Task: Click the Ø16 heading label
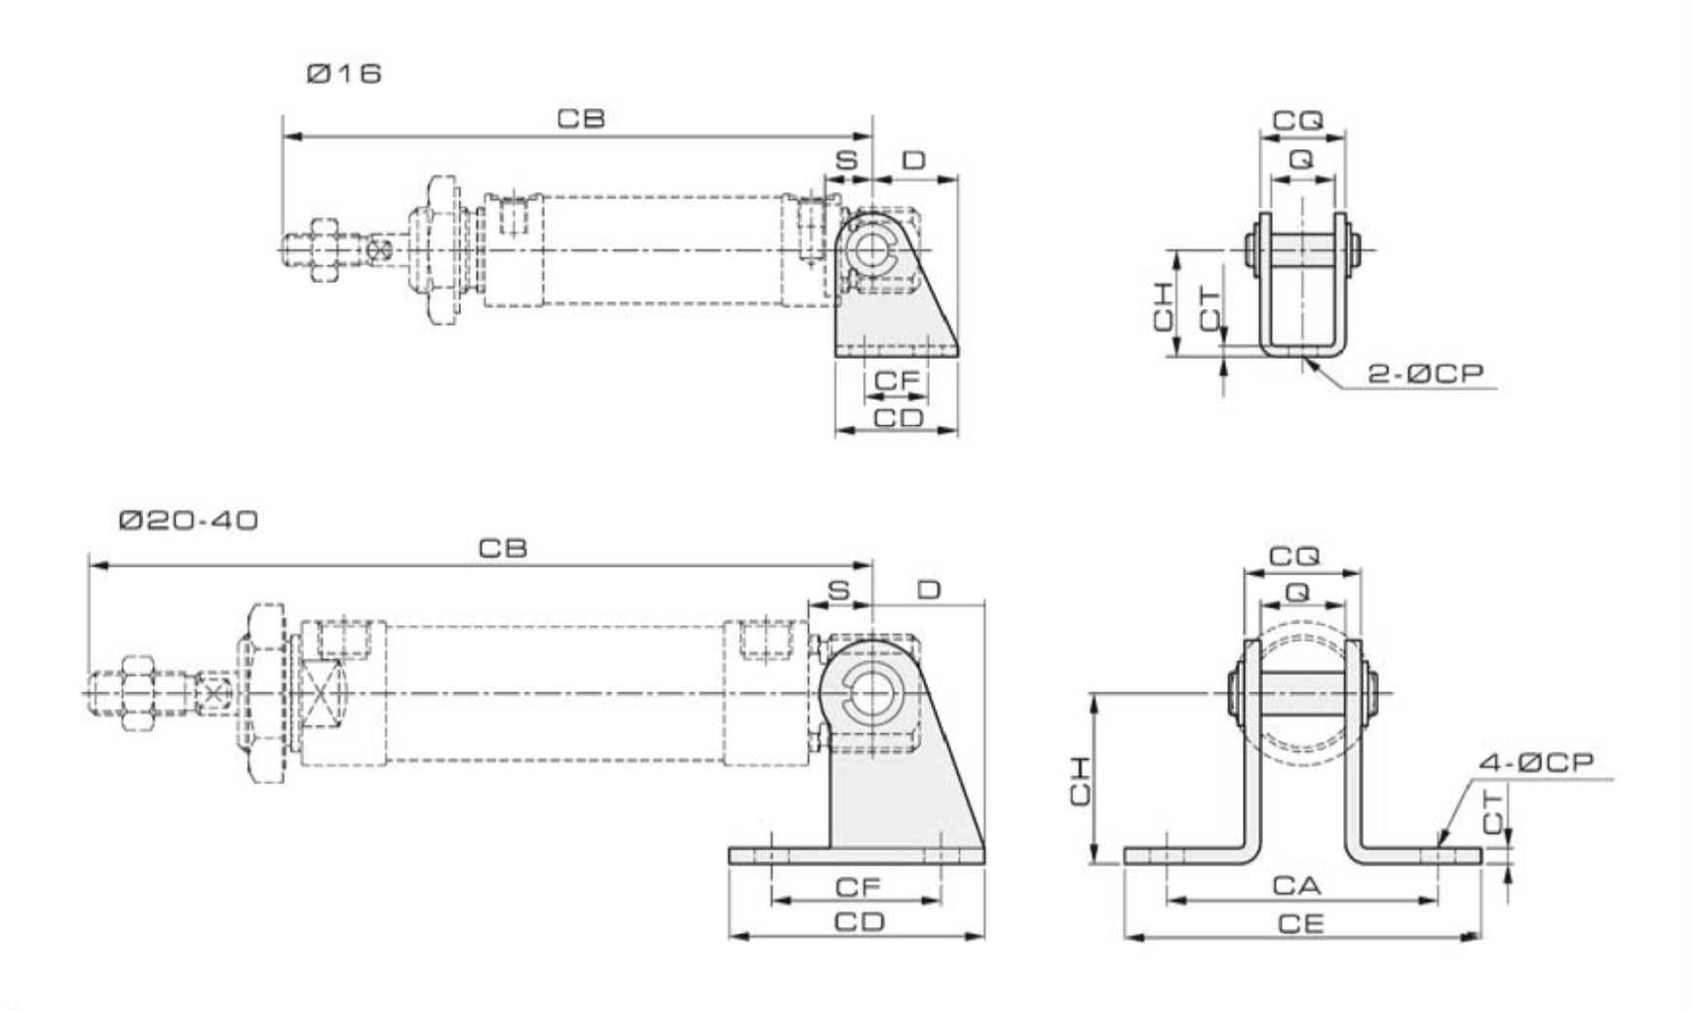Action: (x=344, y=74)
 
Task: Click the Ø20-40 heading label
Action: (x=189, y=521)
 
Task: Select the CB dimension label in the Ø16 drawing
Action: (x=581, y=119)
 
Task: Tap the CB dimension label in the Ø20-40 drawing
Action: (x=503, y=549)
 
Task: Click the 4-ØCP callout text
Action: (x=1536, y=762)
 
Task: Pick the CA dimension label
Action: (x=1297, y=885)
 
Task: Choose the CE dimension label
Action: (x=1301, y=923)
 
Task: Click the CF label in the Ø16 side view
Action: (x=897, y=381)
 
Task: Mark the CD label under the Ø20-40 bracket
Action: (x=860, y=921)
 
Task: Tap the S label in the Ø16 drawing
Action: (x=847, y=160)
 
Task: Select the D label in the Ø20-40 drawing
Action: (x=930, y=590)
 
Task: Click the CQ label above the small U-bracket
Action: (x=1298, y=121)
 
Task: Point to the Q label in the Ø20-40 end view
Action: (x=1297, y=592)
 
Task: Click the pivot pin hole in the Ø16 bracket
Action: (x=867, y=250)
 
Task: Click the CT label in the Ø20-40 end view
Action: (x=1493, y=812)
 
